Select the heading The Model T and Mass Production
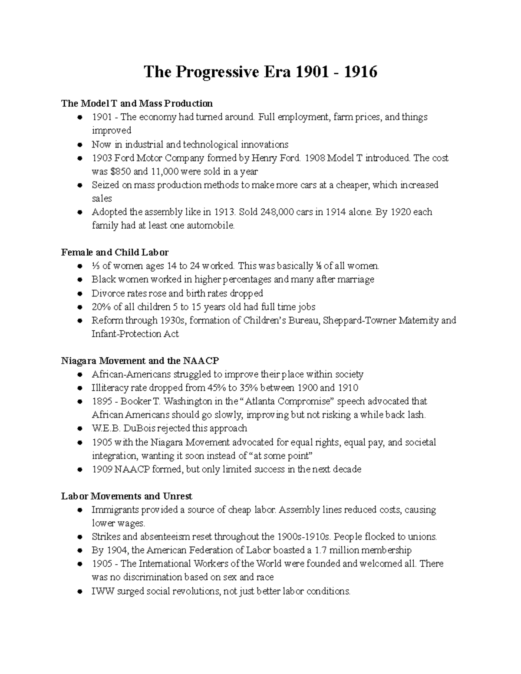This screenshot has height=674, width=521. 137,103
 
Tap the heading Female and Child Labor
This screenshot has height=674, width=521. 115,252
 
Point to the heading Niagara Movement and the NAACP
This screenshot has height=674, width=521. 140,361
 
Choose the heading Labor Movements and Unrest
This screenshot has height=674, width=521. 126,496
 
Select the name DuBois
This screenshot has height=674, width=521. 139,429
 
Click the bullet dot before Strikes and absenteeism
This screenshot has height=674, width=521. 79,537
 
